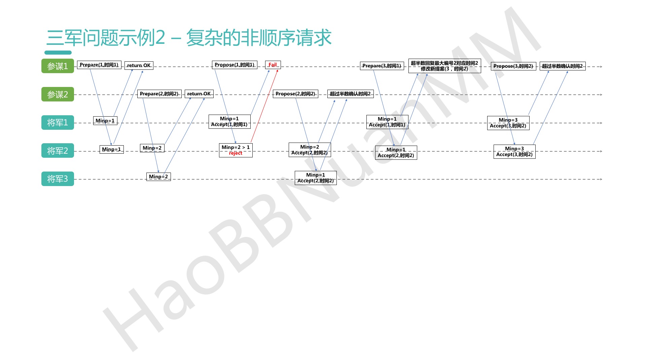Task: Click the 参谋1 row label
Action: click(58, 66)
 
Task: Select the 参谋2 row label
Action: click(58, 94)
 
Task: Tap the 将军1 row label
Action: click(58, 123)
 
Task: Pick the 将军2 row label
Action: click(58, 151)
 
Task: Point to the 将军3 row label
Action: click(58, 179)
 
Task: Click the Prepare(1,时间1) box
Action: click(99, 65)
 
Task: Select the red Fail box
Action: click(273, 65)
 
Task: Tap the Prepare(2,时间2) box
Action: click(159, 94)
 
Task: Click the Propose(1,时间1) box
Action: click(235, 65)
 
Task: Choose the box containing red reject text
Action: click(236, 150)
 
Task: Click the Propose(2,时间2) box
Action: click(295, 94)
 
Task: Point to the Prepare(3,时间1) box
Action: click(382, 66)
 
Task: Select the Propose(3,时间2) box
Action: click(513, 66)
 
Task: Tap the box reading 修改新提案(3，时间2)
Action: click(444, 66)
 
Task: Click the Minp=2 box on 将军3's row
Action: click(158, 177)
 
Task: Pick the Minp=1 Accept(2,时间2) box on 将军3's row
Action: click(316, 178)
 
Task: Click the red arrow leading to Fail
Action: click(264, 106)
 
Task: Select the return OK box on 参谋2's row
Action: click(199, 94)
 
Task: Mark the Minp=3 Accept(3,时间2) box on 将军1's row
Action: click(508, 123)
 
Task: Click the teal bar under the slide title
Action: click(58, 53)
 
